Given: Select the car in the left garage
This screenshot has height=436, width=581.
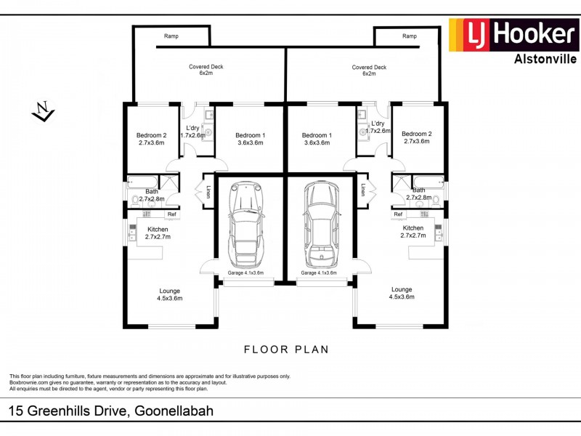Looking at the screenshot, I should click(245, 225).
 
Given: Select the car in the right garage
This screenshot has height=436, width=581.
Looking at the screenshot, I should click(322, 225).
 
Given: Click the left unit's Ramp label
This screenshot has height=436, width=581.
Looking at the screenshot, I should click(171, 36).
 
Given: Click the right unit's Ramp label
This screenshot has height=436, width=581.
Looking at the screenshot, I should click(410, 36).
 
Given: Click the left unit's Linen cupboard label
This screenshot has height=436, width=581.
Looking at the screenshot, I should click(208, 193).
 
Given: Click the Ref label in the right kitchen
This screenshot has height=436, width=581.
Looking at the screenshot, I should click(398, 214).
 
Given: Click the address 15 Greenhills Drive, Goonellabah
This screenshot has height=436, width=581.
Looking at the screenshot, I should click(110, 411).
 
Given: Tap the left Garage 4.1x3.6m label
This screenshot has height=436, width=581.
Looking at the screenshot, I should click(245, 273).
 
